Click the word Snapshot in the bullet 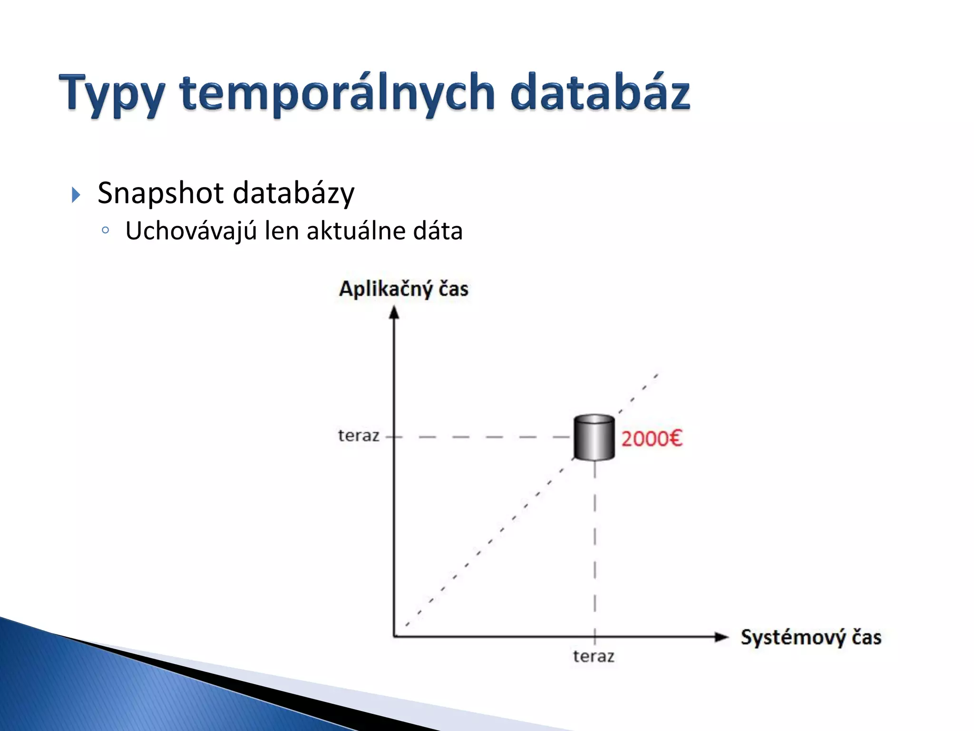[x=160, y=193]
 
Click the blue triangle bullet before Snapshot [x=76, y=194]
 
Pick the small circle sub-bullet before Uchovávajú [x=106, y=231]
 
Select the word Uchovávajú [x=191, y=231]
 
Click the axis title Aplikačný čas [x=404, y=289]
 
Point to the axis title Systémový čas [x=811, y=637]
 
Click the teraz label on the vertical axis [x=359, y=435]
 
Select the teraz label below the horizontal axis [x=594, y=656]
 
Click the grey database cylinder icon [x=594, y=437]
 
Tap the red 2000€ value [x=652, y=438]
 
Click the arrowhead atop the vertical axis [x=394, y=312]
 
